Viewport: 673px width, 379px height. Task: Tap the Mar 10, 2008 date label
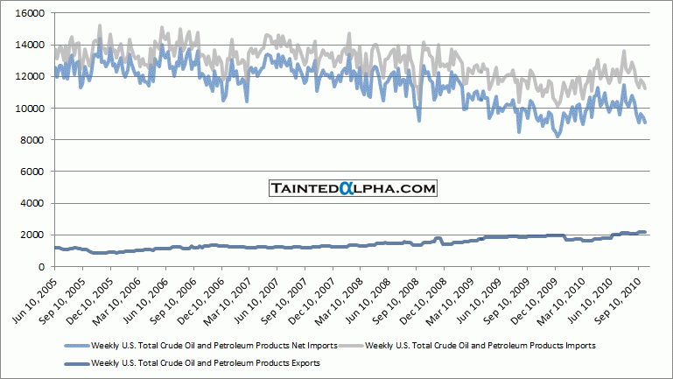click(345, 300)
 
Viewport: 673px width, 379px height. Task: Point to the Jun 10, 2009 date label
click(484, 300)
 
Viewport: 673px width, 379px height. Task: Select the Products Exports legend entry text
click(206, 361)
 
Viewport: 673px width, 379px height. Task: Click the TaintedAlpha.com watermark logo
click(352, 188)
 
